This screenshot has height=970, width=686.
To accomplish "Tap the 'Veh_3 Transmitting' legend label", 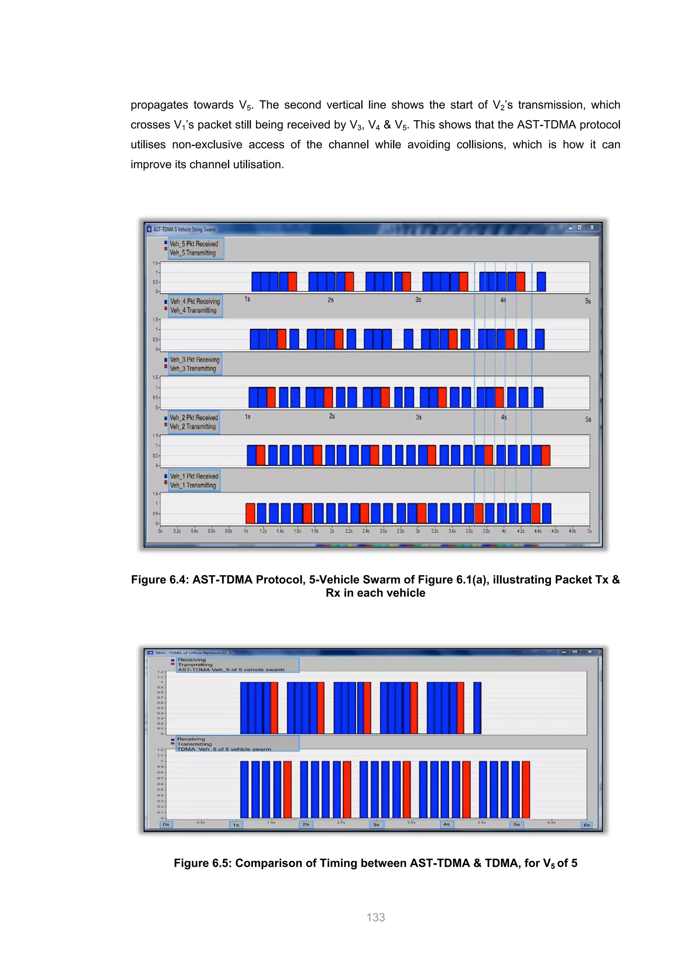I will [193, 369].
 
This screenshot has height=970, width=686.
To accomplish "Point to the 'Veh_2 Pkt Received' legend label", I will [194, 417].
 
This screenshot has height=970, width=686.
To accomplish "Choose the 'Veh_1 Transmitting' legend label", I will [193, 485].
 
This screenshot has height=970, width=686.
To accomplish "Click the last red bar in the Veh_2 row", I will [546, 456].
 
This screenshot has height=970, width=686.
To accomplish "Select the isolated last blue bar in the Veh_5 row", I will [541, 281].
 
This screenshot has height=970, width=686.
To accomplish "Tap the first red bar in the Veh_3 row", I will [271, 397].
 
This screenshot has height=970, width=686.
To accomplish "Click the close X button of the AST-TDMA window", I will [592, 228].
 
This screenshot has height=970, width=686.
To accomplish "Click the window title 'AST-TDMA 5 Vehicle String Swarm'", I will [185, 229].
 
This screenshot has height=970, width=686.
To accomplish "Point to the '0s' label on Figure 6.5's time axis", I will [166, 824].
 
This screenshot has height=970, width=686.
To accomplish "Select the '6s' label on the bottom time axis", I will [587, 825].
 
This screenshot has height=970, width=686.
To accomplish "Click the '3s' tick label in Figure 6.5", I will [376, 824].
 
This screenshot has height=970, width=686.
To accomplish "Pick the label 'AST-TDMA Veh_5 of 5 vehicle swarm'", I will [231, 670].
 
